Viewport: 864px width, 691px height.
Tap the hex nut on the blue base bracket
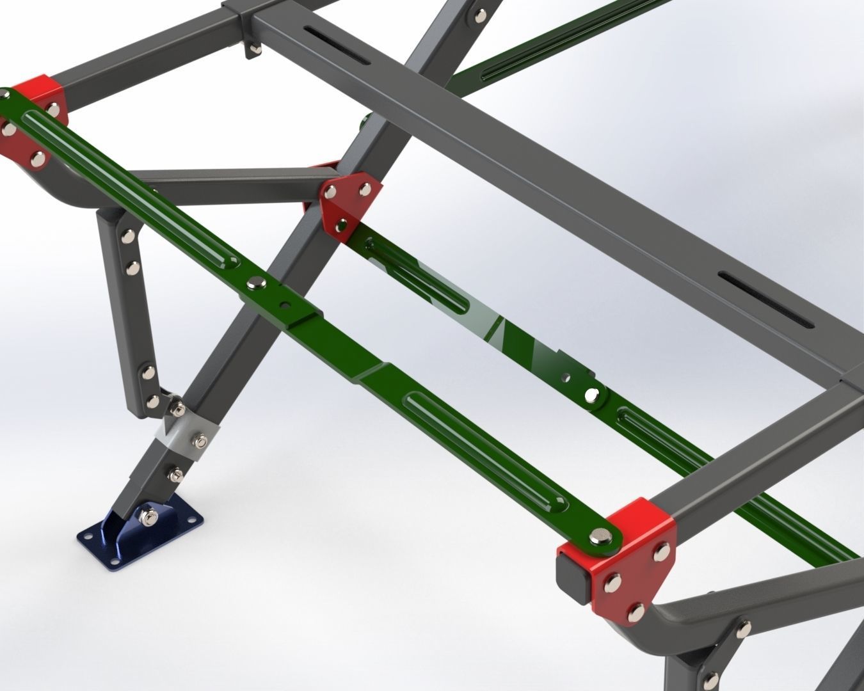(x=145, y=516)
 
